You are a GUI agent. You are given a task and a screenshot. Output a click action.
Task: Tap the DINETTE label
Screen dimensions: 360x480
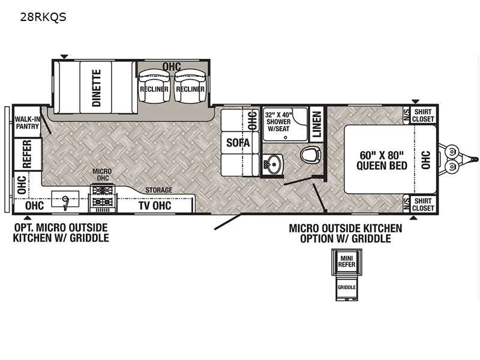click(x=97, y=88)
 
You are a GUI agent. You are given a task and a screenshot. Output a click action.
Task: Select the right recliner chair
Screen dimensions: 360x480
click(x=190, y=88)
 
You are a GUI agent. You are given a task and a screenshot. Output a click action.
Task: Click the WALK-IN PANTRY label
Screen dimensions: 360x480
click(x=28, y=122)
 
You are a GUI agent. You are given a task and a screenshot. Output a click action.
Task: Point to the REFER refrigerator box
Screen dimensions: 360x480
click(x=27, y=154)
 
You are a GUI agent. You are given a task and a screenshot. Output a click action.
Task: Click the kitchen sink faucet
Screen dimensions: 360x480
click(x=64, y=200)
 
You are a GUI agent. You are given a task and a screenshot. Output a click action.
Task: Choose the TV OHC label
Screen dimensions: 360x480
click(x=155, y=206)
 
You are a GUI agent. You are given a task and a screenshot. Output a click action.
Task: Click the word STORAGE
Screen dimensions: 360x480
click(x=158, y=190)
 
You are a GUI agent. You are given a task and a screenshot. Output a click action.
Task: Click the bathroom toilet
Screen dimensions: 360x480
click(x=310, y=155)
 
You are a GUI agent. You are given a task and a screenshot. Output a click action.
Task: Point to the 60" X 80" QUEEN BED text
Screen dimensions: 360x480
click(x=382, y=160)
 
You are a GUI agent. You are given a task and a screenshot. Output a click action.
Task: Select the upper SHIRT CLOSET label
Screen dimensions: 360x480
click(x=423, y=115)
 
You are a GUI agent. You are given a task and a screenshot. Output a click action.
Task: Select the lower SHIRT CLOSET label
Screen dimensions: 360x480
click(x=423, y=204)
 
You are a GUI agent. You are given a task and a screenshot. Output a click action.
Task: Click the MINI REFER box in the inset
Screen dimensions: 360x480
click(x=346, y=262)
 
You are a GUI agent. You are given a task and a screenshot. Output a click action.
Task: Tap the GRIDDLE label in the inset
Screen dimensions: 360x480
click(x=346, y=287)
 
